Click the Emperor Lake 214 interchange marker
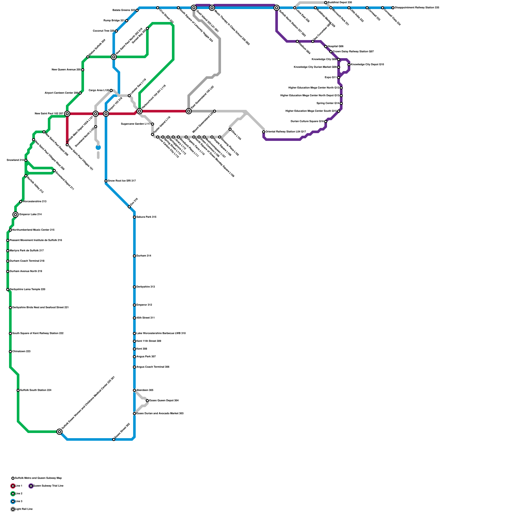(16, 215)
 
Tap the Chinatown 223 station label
(21, 351)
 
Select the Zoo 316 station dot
(129, 207)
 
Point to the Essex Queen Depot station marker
(147, 401)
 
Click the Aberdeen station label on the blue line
(145, 390)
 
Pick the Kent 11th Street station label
(149, 341)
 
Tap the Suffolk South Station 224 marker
(18, 390)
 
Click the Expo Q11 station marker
(339, 78)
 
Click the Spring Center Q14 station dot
(341, 103)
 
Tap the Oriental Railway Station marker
(264, 132)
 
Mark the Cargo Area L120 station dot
(111, 90)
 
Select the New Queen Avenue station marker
(83, 70)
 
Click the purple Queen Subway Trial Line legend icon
(31, 486)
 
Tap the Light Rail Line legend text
(24, 509)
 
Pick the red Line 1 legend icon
(13, 486)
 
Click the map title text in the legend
(38, 478)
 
